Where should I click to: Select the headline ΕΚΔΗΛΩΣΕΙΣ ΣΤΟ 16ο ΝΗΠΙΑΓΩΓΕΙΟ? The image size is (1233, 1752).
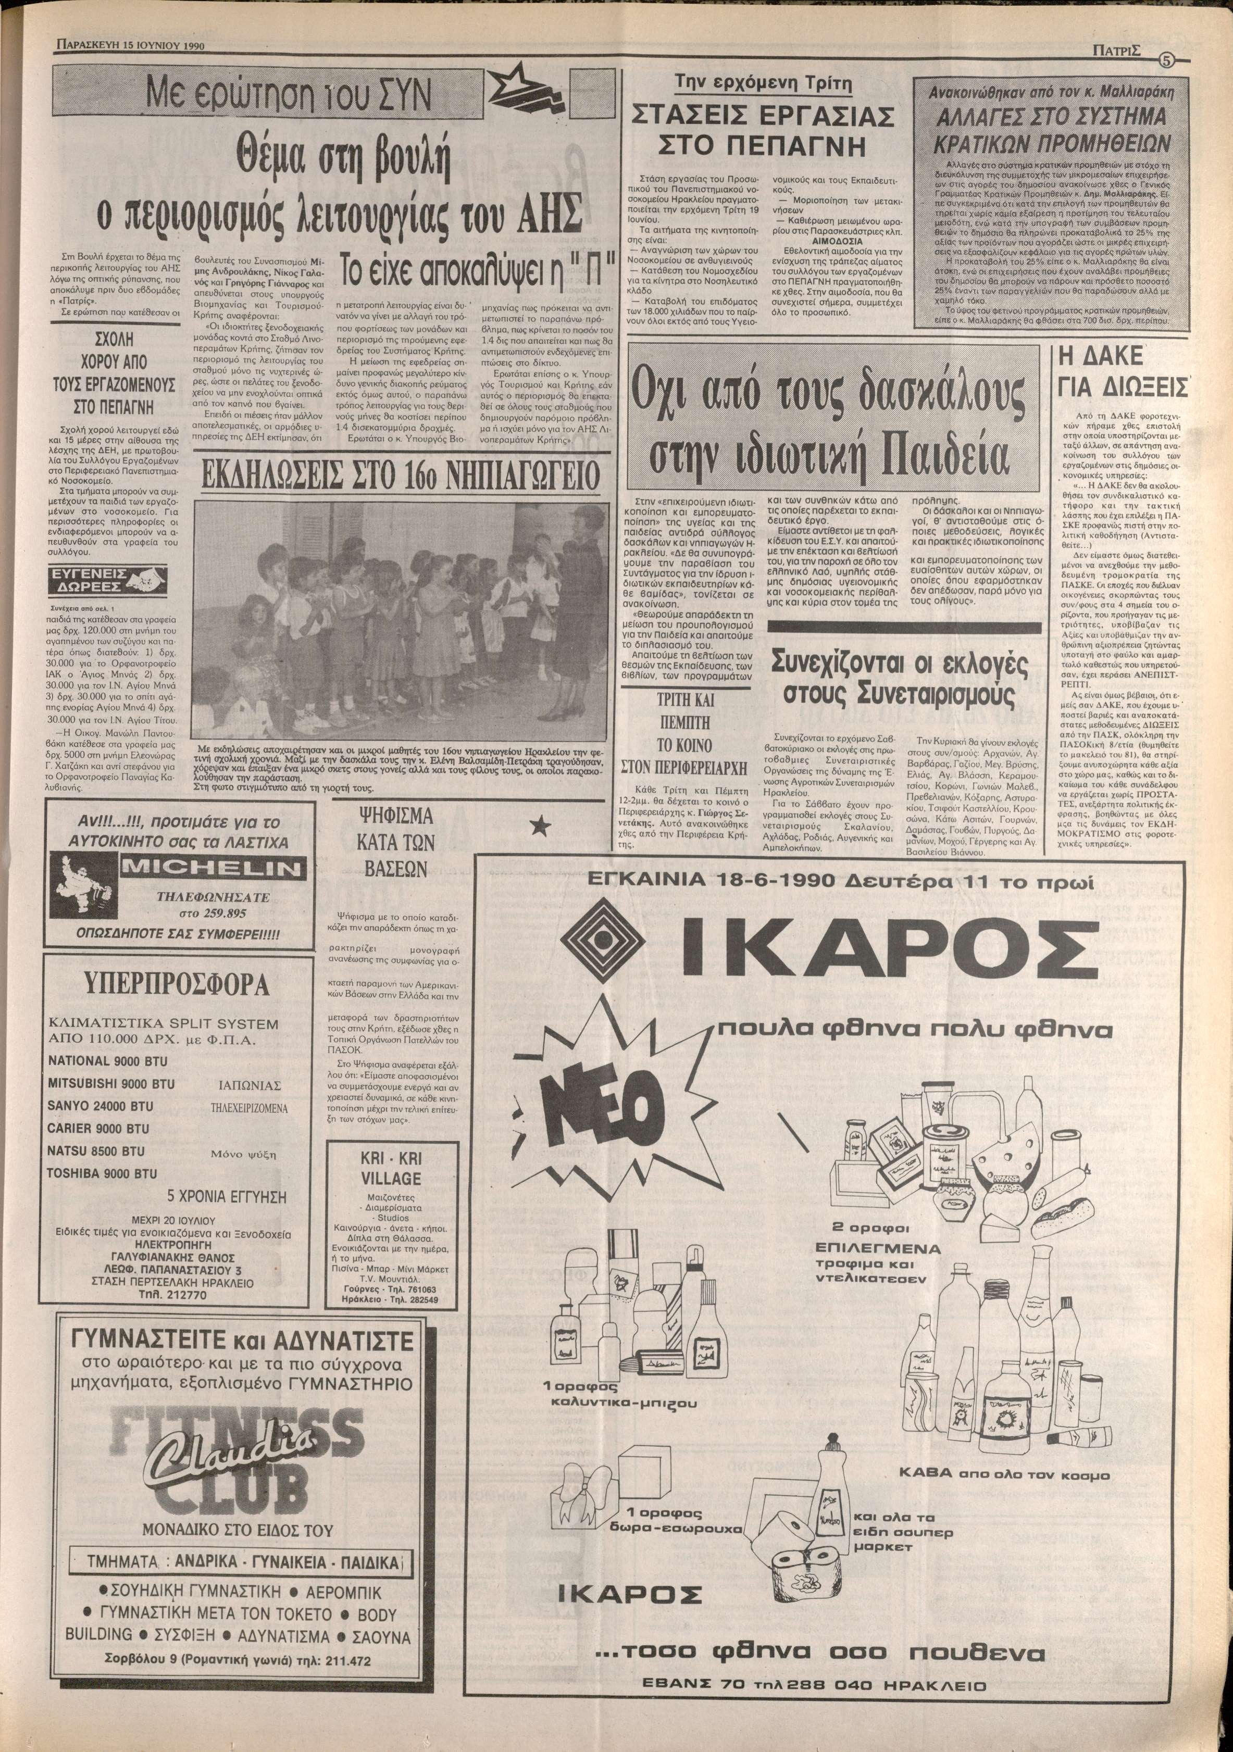coord(398,479)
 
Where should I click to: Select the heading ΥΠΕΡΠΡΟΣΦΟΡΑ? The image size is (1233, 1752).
coord(180,984)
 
